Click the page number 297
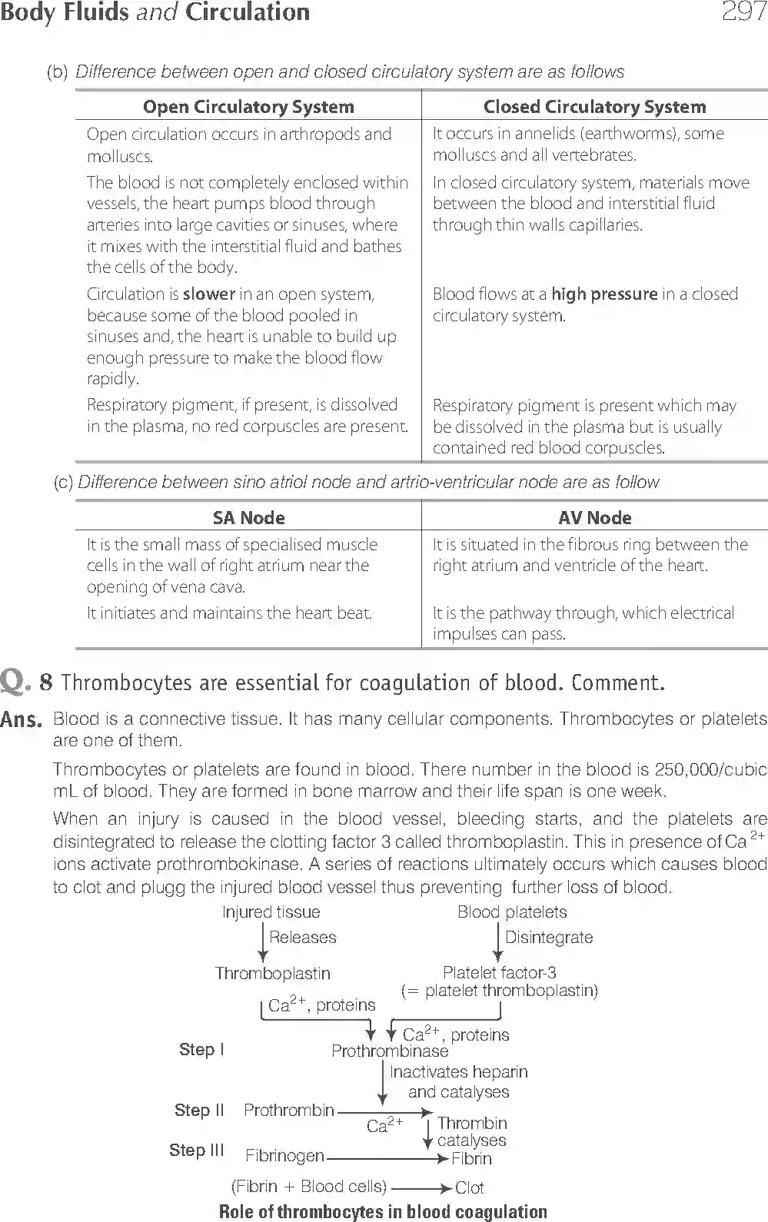coord(743,12)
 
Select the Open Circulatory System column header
coord(248,107)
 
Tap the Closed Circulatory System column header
coord(594,107)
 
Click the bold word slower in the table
coord(209,294)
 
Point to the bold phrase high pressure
coord(604,294)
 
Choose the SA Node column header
coord(248,518)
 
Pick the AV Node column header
coord(594,518)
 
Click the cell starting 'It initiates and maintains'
coord(229,613)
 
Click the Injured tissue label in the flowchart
coord(271,912)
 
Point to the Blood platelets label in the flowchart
coord(512,912)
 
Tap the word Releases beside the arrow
coord(302,938)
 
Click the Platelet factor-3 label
coord(499,973)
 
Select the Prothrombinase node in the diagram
coord(390,1051)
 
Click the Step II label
coord(199,1110)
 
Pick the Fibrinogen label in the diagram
coord(284,1156)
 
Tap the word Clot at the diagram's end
coord(469,1188)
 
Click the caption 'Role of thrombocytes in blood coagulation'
coord(383,1212)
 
